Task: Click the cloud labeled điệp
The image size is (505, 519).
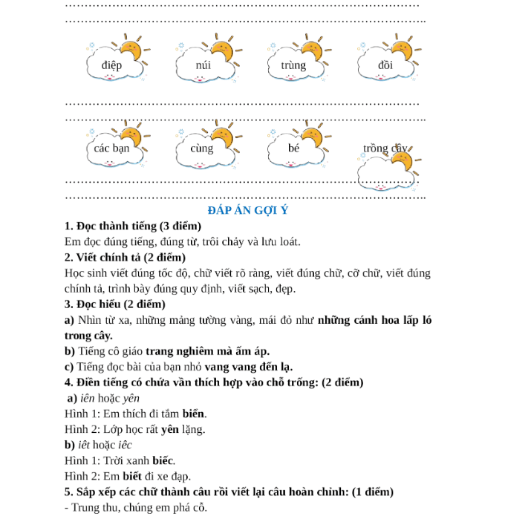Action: [x=112, y=65]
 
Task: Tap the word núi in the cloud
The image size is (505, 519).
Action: [x=203, y=65]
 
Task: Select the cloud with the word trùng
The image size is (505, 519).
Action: [x=293, y=65]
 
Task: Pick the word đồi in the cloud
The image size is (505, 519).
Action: [x=385, y=65]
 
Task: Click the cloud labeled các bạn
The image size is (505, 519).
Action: [x=112, y=148]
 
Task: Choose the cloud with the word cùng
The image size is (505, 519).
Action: [x=202, y=148]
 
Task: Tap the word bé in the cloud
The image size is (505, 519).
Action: [x=293, y=148]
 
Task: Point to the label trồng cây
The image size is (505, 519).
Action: [x=385, y=148]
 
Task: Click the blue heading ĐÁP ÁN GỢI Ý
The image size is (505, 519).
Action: [x=248, y=210]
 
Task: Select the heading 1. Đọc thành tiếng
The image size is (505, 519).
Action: [x=133, y=226]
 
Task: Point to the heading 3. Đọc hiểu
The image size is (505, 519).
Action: [x=114, y=304]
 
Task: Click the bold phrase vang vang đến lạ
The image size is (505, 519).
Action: [x=249, y=366]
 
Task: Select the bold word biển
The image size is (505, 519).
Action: [x=195, y=414]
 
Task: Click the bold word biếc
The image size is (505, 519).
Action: [x=163, y=460]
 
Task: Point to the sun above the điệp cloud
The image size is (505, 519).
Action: [x=131, y=49]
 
